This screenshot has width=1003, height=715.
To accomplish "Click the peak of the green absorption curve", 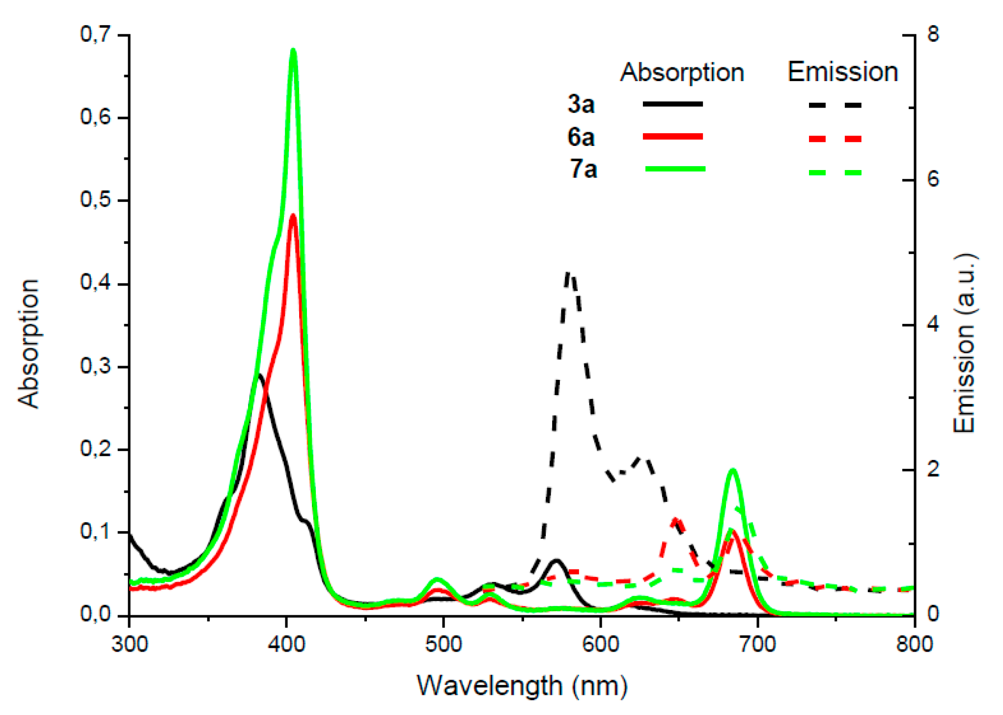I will click(293, 51).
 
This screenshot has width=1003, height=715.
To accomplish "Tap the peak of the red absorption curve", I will click(293, 216).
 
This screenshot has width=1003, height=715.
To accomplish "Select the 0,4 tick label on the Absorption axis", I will click(96, 284).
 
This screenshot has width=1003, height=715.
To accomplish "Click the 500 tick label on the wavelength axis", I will click(444, 644).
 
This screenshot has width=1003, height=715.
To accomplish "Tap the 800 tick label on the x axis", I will click(914, 644).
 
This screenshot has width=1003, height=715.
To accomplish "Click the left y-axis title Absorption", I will click(28, 344).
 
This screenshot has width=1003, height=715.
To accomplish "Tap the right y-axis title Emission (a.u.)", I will click(964, 344).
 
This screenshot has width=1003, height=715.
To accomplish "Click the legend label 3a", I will click(581, 104).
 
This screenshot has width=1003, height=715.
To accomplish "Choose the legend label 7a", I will click(583, 169).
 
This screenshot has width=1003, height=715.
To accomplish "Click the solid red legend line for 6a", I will click(673, 137).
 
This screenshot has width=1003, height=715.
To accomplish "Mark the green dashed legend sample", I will click(835, 172).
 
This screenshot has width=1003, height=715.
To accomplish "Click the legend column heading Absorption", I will click(682, 73).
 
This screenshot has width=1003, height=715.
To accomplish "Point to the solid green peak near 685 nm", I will click(733, 471).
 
